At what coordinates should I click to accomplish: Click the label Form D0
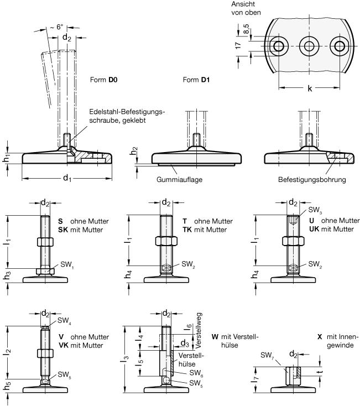(x=103, y=80)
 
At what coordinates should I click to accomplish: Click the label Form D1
(x=196, y=80)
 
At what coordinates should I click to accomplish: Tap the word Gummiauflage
(x=179, y=179)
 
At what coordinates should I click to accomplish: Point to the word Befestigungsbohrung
(x=312, y=179)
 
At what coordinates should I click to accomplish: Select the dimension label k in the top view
(x=310, y=89)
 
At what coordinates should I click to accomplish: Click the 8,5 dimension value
(x=246, y=28)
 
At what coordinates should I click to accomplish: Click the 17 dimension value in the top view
(x=238, y=45)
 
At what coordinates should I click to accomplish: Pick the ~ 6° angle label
(x=56, y=27)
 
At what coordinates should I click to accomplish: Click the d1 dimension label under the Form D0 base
(x=67, y=178)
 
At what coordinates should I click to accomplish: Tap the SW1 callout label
(x=67, y=264)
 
